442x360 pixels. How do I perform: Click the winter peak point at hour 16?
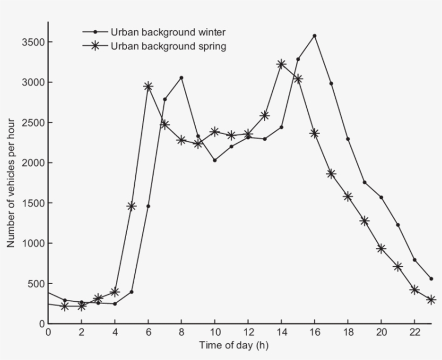click(x=314, y=36)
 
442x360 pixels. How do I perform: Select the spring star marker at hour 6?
click(x=148, y=86)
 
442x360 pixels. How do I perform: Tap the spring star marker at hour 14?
click(x=281, y=64)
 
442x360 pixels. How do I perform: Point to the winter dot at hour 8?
click(x=181, y=78)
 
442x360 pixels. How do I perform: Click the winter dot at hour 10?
click(x=215, y=160)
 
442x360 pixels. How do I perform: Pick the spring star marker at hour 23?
click(x=431, y=300)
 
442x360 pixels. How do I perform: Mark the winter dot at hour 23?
click(x=431, y=279)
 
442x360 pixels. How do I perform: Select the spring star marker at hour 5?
click(x=131, y=206)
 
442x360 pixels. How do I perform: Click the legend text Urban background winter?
click(x=168, y=32)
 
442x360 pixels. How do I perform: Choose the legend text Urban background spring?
click(x=168, y=46)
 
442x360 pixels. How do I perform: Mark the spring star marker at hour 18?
click(x=348, y=196)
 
